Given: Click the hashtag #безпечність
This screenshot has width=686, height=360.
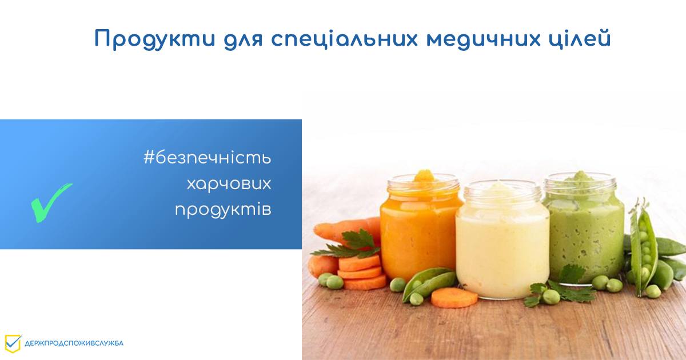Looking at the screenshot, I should click(x=207, y=158).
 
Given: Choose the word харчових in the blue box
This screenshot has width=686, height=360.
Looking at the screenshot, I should click(x=229, y=183).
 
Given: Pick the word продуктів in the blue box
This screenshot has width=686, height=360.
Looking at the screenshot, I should click(x=223, y=209).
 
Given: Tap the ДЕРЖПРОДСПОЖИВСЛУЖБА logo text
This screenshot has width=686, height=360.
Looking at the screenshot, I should click(x=74, y=343).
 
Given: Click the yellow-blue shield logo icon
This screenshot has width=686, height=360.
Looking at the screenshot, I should click(x=13, y=343).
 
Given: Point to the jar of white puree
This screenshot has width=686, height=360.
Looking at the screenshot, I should click(x=502, y=240).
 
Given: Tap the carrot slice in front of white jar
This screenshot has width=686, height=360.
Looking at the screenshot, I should click(x=454, y=298).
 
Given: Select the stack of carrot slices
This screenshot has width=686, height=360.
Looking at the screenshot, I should click(x=361, y=271).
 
